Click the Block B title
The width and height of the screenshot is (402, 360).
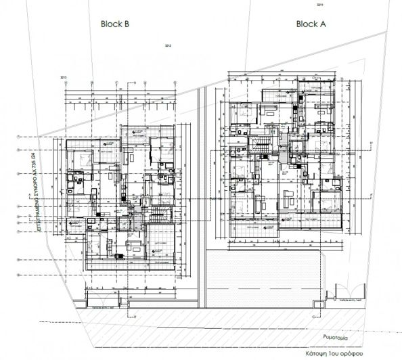click(x=115, y=23)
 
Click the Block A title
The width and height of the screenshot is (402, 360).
click(x=311, y=23)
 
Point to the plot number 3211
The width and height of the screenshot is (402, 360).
click(x=320, y=5)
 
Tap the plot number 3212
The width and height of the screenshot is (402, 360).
click(x=169, y=46)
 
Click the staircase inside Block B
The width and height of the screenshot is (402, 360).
click(x=153, y=215)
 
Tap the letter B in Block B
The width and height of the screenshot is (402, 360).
click(x=127, y=23)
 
